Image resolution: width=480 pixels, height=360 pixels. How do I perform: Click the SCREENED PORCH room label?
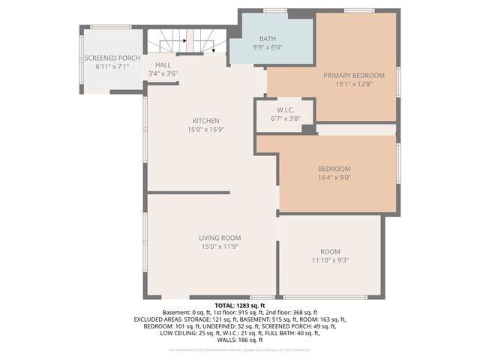click(112, 58)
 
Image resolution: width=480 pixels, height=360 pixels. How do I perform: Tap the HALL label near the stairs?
click(163, 65)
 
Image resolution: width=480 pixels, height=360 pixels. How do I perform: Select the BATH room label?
click(268, 38)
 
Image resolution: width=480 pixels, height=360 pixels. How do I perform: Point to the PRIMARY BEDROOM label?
click(354, 75)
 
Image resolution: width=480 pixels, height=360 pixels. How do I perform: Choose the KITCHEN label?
click(205, 121)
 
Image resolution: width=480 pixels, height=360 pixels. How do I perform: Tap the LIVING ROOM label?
click(220, 237)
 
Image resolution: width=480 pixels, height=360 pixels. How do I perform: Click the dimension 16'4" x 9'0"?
click(334, 178)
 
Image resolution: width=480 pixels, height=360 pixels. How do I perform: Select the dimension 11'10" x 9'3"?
click(330, 260)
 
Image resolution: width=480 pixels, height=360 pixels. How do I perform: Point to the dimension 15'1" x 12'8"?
click(354, 84)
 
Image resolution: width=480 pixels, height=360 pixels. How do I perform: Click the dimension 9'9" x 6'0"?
click(268, 47)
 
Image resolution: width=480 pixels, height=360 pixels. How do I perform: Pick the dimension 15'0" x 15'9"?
click(205, 130)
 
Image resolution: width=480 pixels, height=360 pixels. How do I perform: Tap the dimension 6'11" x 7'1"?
click(112, 67)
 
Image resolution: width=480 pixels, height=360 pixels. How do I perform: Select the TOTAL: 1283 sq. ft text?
click(240, 305)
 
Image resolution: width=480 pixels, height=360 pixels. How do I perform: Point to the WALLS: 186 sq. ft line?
click(240, 339)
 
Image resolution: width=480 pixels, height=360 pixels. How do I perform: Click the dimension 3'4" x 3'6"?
click(163, 73)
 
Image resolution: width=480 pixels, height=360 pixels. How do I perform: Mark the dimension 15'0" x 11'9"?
click(220, 246)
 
